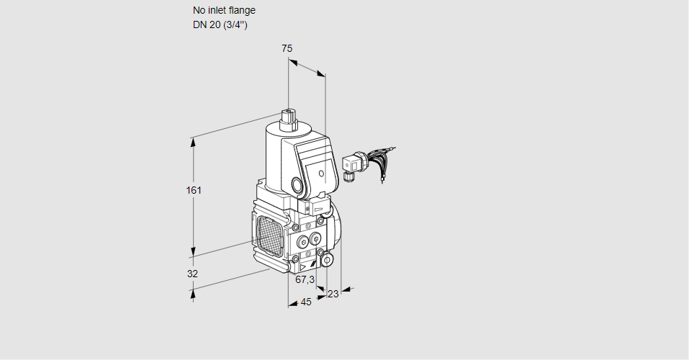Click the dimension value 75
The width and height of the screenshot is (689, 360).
[287, 48]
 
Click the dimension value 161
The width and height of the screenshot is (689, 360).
[194, 190]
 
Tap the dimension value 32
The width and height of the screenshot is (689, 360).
[192, 274]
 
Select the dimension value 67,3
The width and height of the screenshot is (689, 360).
[305, 279]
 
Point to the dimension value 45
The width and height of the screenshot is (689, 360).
[306, 302]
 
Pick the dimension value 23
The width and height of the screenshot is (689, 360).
[333, 293]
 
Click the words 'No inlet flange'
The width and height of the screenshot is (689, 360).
[224, 11]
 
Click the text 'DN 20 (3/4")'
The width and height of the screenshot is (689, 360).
[220, 24]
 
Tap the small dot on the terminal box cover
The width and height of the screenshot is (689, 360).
[320, 173]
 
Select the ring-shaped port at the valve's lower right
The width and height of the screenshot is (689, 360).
[328, 259]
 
